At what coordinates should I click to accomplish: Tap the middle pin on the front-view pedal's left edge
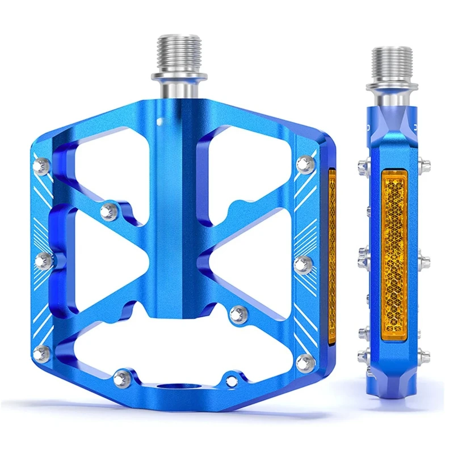(x=44, y=261)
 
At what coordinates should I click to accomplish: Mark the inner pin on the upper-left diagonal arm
(x=108, y=212)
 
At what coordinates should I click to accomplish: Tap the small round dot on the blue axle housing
(x=161, y=121)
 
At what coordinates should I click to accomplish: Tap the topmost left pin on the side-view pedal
(x=363, y=165)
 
